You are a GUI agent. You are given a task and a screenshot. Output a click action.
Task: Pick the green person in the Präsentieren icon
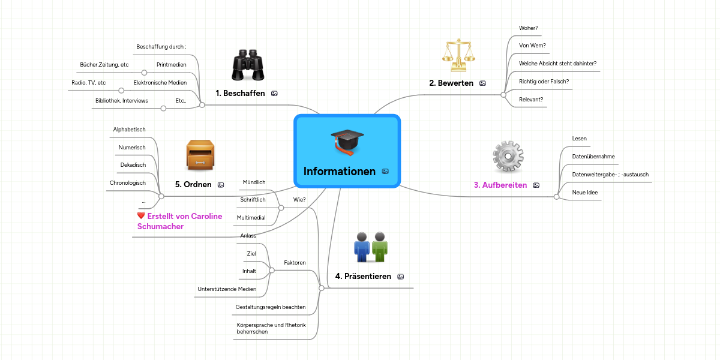(380, 247)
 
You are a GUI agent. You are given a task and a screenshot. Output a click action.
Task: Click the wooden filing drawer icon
(200, 156)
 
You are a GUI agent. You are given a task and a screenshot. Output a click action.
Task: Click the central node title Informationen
(340, 172)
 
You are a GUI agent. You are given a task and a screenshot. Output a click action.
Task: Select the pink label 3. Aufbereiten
(500, 185)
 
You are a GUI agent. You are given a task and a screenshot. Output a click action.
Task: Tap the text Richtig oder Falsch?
(544, 81)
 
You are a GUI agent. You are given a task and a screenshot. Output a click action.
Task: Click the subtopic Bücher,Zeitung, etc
(104, 64)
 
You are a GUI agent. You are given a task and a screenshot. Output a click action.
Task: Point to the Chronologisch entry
(127, 183)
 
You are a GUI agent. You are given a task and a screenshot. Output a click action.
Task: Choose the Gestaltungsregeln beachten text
(271, 307)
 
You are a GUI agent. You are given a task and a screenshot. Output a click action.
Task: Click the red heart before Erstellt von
(141, 215)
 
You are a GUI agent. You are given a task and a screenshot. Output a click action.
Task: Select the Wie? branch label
(299, 199)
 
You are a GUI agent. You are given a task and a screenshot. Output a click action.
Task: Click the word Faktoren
(295, 263)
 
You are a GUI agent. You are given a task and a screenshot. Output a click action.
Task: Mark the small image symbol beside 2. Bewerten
(482, 83)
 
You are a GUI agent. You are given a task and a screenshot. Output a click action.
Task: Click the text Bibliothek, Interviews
(121, 101)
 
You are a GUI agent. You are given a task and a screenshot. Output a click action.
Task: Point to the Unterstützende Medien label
(227, 289)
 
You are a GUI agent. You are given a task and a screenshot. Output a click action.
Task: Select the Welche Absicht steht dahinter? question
(557, 63)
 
